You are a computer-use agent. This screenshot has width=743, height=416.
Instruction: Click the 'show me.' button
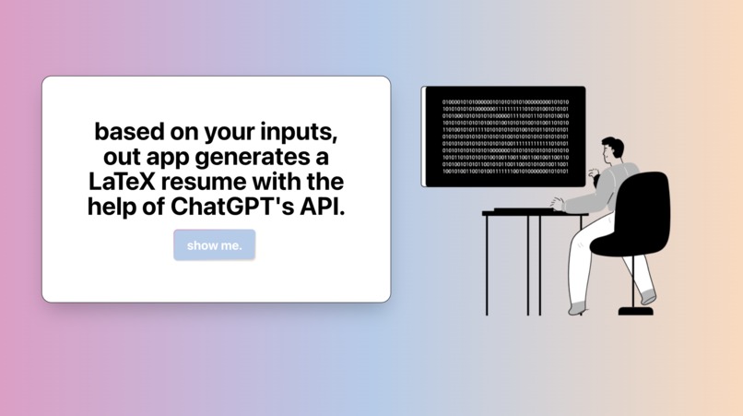click(x=214, y=245)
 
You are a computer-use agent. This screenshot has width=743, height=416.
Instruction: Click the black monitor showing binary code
click(x=504, y=136)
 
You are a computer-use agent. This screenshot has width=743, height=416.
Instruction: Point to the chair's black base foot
click(x=635, y=311)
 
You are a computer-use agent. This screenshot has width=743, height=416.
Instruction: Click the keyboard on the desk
click(x=526, y=209)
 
